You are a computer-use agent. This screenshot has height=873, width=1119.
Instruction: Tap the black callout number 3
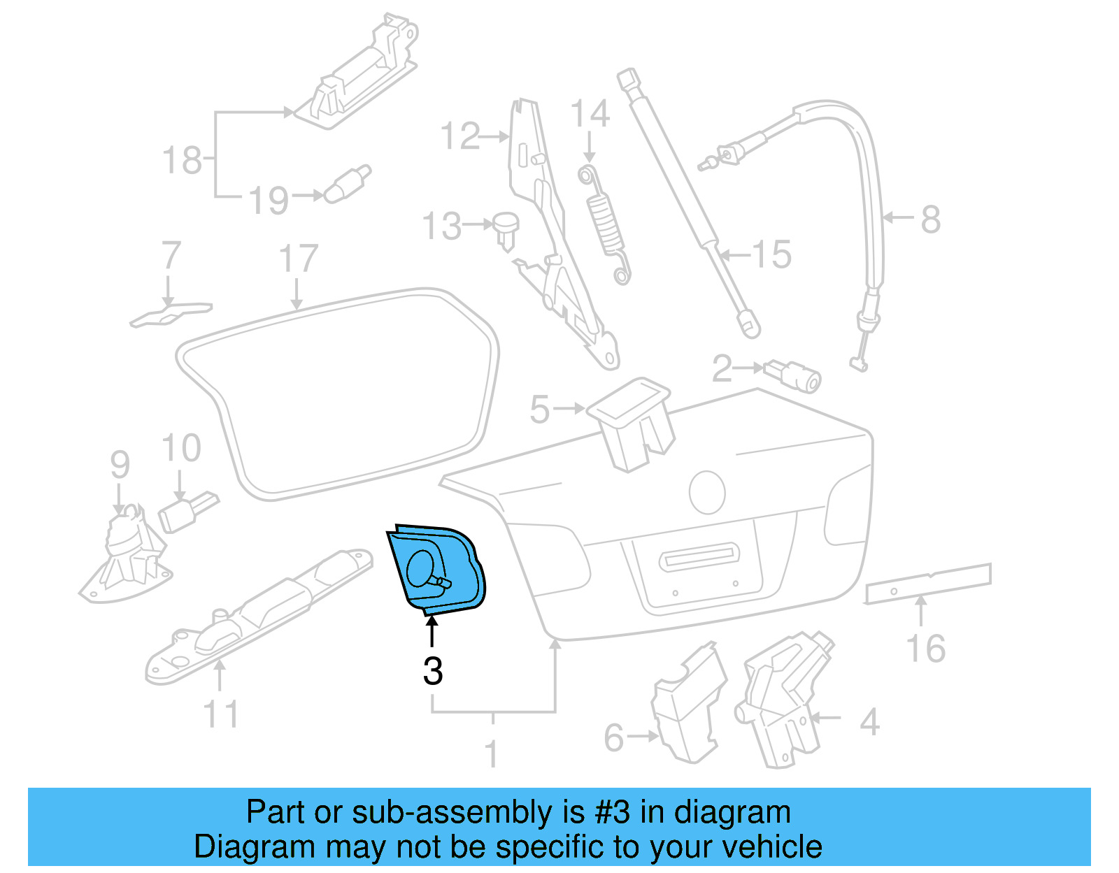coord(433,671)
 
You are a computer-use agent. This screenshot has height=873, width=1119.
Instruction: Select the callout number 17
coord(299,259)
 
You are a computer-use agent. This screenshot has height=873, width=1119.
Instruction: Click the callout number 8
coord(930,219)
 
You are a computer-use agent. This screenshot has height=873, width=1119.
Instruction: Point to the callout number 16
coord(926,649)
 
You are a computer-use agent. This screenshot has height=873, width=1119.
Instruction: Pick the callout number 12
coord(460,136)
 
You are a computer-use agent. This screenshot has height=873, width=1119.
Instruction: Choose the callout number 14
coord(590,114)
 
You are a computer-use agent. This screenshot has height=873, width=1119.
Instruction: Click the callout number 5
coord(539,410)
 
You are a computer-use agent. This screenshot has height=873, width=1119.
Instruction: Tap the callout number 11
coord(221,714)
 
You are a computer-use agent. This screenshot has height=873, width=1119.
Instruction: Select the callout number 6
coord(613,738)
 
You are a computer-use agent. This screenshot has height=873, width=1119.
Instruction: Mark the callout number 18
coord(182,161)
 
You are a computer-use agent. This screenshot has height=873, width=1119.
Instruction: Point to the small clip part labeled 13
coord(506,229)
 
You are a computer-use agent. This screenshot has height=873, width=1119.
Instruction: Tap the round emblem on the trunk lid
coord(706,492)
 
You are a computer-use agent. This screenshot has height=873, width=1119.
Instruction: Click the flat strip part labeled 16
coord(928,582)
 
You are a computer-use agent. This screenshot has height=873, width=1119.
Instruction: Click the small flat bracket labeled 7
coord(170,313)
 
